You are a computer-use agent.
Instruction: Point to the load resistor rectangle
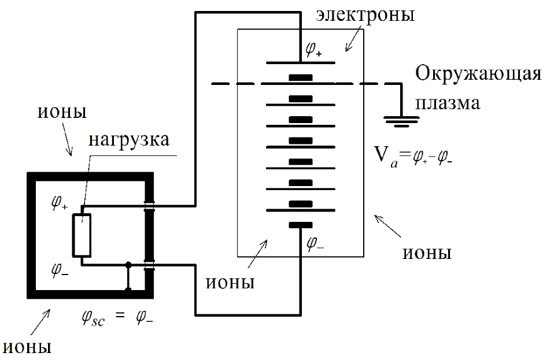[x=82, y=235]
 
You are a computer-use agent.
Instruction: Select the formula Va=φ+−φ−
[x=415, y=155]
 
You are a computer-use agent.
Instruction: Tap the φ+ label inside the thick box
[x=60, y=206]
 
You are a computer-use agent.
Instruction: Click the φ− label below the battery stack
[x=316, y=243]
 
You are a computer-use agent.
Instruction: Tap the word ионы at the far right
[x=426, y=254]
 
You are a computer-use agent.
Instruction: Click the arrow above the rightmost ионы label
[x=386, y=226]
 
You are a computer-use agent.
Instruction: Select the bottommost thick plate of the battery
[x=301, y=225]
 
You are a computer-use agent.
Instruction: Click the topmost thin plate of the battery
[x=301, y=62]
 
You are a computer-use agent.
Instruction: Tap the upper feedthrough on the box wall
[x=149, y=205]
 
